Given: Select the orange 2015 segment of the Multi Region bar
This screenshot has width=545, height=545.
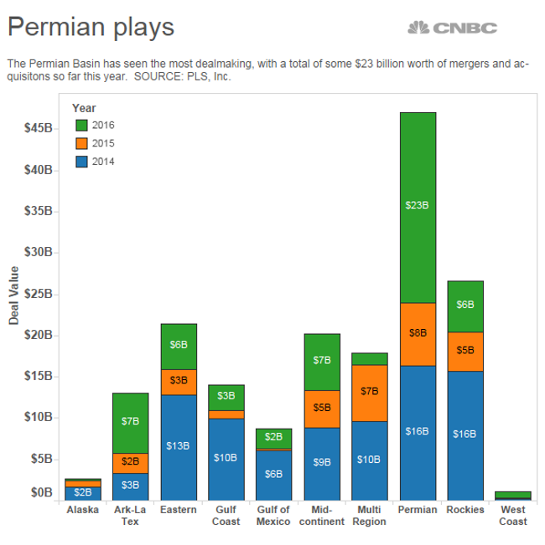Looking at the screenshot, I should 369,393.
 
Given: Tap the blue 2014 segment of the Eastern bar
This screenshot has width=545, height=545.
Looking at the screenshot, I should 178,446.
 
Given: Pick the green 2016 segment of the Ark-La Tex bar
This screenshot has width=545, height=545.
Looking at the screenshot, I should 130,423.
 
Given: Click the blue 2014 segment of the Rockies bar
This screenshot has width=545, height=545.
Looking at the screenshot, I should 465,434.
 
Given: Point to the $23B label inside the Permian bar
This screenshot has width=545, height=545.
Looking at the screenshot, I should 418,204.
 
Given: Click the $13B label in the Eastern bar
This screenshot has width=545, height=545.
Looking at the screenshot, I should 178,445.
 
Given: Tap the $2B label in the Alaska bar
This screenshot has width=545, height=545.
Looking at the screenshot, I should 83,492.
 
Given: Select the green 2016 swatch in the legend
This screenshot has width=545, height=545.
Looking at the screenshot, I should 81,125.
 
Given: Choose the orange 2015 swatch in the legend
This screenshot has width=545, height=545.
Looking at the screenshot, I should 81,143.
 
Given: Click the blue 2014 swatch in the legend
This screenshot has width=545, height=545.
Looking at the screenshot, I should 81,162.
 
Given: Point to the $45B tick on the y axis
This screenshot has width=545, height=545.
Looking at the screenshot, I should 39,129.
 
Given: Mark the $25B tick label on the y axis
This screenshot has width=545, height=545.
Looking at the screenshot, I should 39,294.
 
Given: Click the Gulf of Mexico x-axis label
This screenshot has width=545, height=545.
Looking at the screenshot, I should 273,516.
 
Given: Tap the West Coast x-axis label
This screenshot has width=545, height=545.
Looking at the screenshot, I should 513,516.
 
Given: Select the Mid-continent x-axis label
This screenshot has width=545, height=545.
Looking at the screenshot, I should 321,516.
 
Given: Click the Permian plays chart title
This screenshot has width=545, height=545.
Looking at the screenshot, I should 91,27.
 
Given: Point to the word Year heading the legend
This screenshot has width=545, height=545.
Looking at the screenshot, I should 84,107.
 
